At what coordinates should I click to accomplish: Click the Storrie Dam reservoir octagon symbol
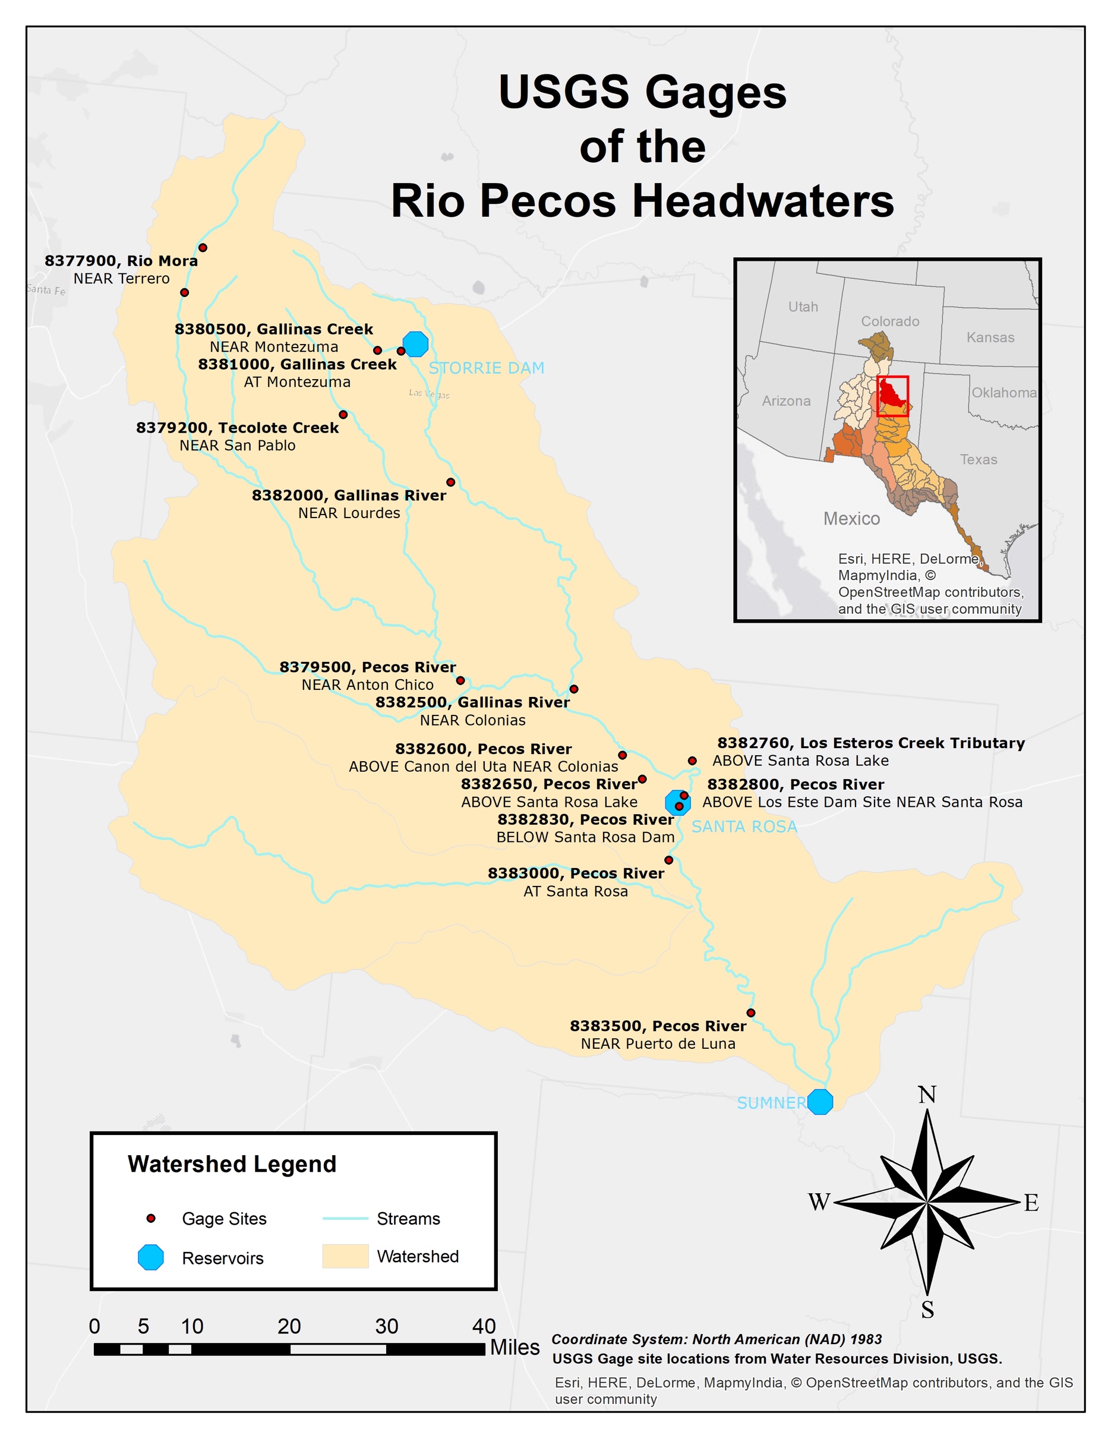[x=415, y=343]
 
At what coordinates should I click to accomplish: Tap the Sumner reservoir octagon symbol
[x=820, y=1102]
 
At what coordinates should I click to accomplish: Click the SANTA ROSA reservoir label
[x=744, y=827]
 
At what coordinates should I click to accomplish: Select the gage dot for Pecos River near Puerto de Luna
[x=751, y=1013]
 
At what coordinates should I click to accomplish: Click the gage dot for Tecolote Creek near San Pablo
[x=343, y=414]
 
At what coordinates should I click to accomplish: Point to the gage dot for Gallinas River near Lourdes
[x=451, y=482]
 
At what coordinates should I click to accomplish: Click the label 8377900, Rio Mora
[x=121, y=261]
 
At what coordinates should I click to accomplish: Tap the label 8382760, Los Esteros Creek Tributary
[x=871, y=743]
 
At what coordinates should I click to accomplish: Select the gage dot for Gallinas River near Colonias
[x=574, y=689]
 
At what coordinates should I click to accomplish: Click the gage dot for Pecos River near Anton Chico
[x=460, y=680]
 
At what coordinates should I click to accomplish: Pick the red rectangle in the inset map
[x=892, y=396]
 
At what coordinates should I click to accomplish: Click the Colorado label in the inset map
[x=890, y=321]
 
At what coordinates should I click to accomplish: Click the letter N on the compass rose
[x=927, y=1095]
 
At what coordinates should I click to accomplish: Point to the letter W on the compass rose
[x=819, y=1202]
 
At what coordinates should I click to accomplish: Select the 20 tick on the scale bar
[x=289, y=1326]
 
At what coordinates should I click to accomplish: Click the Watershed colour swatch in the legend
[x=345, y=1256]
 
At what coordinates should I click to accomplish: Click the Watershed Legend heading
[x=232, y=1164]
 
